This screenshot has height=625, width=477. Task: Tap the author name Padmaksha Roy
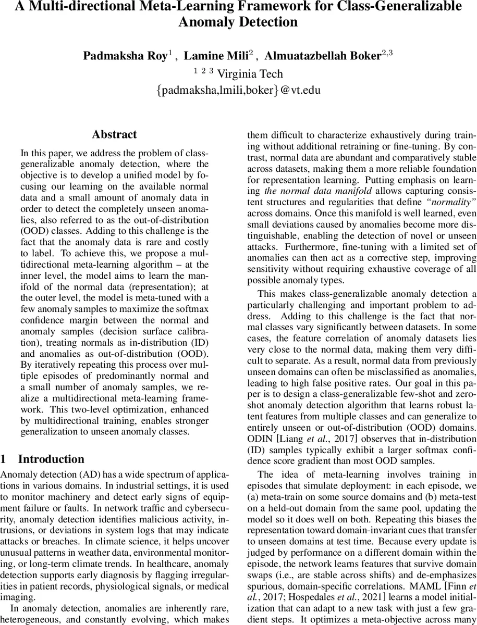point(125,56)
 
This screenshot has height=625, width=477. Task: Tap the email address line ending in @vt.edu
point(238,90)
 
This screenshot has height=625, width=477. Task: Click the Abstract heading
point(114,134)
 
